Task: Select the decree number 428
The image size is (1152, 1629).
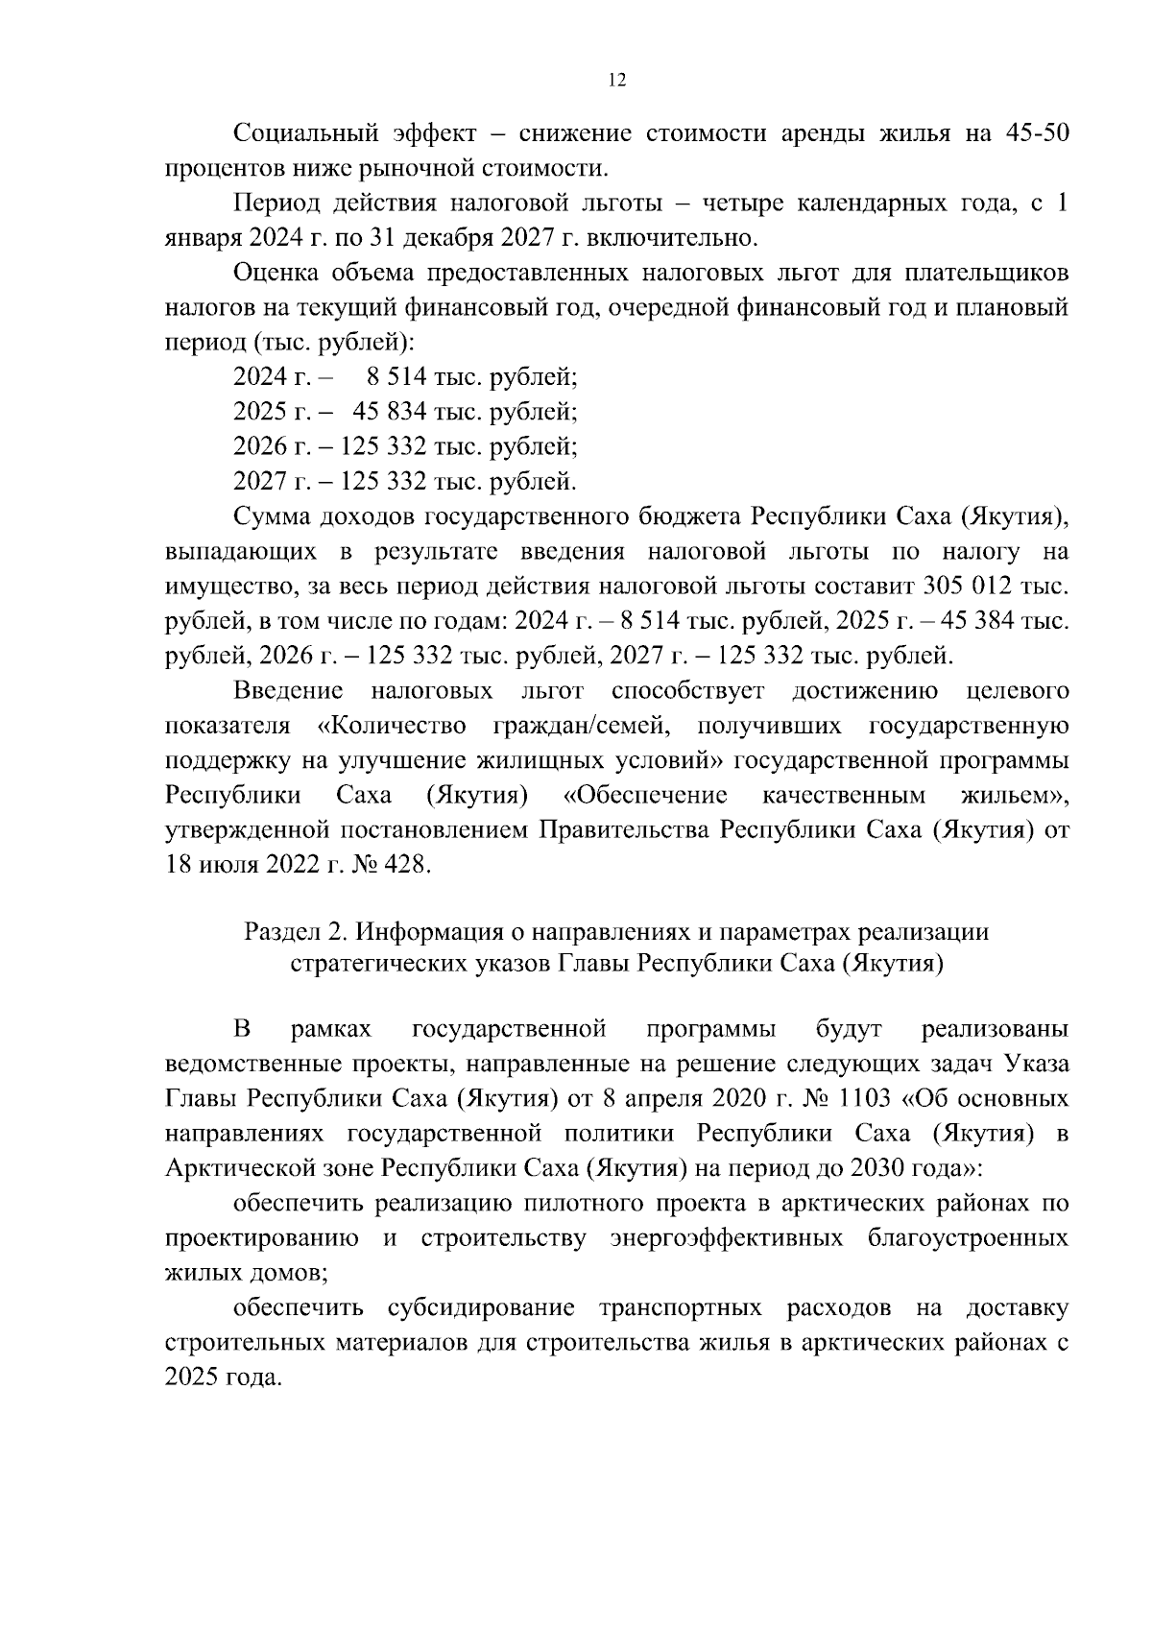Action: [x=407, y=864]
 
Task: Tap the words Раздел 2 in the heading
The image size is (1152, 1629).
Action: [x=294, y=932]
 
